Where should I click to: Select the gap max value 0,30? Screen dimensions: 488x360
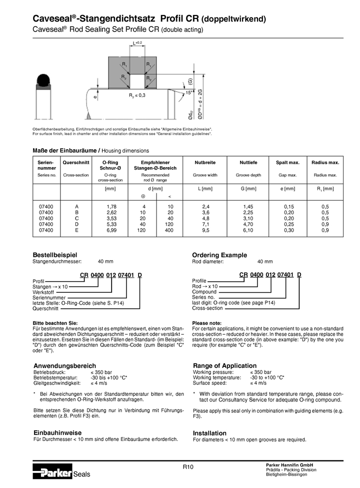pos(289,230)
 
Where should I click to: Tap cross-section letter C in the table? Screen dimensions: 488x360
pos(76,218)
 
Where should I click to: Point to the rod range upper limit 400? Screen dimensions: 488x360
pos(170,230)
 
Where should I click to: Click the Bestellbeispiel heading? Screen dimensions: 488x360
pos(54,255)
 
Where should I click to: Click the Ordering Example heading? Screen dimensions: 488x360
pos(219,255)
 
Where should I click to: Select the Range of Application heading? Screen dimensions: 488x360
pos(224,365)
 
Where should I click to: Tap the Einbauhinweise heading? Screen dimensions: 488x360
pos(57,432)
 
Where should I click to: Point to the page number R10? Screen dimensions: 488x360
pos(187,466)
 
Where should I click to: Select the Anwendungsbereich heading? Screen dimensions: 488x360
pos(64,366)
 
